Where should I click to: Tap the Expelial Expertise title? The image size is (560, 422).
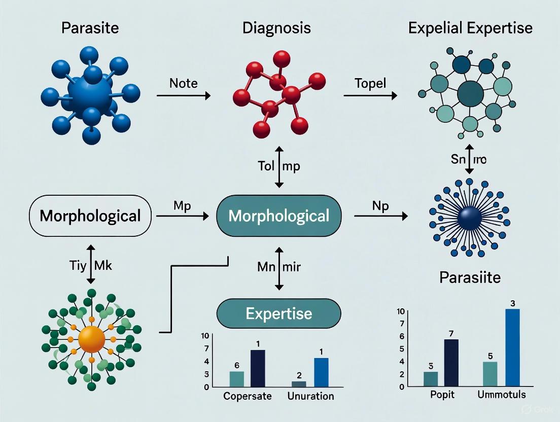(470, 27)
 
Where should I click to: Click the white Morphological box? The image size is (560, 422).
(90, 216)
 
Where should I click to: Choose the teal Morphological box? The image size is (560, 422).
(278, 216)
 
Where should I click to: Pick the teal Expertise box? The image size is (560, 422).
(278, 313)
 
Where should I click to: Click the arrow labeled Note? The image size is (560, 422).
(183, 95)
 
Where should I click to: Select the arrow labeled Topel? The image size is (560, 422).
(370, 95)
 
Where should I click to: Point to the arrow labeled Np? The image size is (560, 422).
(380, 217)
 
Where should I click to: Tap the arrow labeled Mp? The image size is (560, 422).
(183, 217)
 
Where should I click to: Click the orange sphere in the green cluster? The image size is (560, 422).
(92, 337)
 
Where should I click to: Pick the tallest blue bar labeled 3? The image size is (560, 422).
(513, 347)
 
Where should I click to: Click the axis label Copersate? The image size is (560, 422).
(248, 396)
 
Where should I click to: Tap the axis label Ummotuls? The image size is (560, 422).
(502, 394)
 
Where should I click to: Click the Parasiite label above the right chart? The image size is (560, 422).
(470, 278)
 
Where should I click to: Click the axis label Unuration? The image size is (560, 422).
(310, 396)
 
